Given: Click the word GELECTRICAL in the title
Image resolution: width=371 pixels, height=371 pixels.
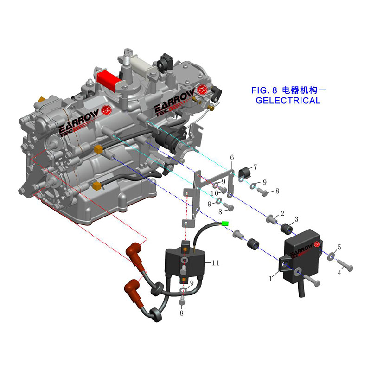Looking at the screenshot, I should click(x=288, y=101).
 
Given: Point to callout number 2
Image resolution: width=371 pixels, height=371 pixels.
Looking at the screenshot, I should click(x=281, y=214).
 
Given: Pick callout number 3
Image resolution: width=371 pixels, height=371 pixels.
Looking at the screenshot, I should click(x=296, y=218).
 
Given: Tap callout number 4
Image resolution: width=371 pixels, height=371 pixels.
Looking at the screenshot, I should click(x=339, y=273).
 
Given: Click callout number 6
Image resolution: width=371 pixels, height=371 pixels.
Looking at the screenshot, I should click(x=232, y=158).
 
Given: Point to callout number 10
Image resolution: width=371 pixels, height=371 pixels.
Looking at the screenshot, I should click(x=215, y=193).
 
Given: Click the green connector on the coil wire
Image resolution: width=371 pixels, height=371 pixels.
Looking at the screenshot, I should click(x=226, y=224).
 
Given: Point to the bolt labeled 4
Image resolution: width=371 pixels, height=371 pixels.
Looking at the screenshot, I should click(x=345, y=266).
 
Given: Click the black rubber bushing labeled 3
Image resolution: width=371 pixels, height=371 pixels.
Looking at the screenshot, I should click(x=286, y=228).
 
